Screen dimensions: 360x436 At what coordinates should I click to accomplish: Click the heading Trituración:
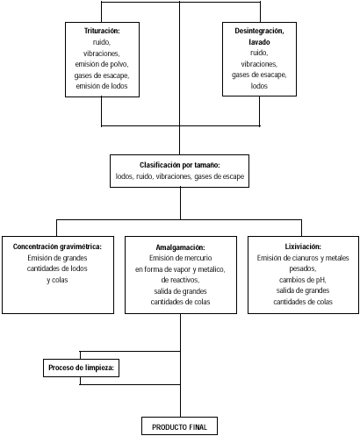[102, 31]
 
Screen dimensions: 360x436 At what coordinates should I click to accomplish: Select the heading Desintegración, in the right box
[259, 31]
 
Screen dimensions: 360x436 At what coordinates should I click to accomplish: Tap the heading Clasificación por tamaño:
[180, 165]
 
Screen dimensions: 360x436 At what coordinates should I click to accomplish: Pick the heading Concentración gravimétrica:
[57, 247]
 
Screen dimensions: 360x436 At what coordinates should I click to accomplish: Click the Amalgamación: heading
[180, 247]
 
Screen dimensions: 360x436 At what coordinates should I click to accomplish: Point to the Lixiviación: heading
[303, 247]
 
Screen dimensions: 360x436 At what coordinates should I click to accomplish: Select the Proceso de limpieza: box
[81, 368]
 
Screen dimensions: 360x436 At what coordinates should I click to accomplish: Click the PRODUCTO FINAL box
[179, 426]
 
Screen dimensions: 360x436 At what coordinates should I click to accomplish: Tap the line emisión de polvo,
[102, 64]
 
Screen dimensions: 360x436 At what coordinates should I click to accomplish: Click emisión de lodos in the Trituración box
[102, 86]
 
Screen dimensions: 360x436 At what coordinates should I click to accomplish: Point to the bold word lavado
[259, 42]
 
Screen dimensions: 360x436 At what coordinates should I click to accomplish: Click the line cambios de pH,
[303, 280]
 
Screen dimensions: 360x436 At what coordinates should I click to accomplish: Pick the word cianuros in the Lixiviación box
[306, 258]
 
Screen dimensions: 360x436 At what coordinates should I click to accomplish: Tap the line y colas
[57, 280]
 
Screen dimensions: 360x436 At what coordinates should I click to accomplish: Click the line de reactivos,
[180, 280]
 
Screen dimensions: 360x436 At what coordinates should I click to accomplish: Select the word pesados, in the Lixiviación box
[303, 268]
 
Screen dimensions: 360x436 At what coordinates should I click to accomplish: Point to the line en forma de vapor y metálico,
[180, 269]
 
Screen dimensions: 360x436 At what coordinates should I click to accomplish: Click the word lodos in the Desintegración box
[259, 86]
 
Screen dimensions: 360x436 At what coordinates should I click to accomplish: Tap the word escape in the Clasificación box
[234, 176]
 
